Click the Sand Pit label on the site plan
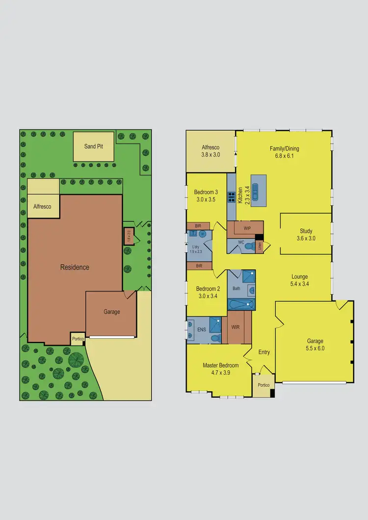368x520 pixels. [x=93, y=146]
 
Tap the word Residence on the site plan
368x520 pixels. [x=75, y=267]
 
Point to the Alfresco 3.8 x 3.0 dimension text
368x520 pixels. [x=210, y=155]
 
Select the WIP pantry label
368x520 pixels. [x=247, y=228]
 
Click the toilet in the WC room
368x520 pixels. [x=249, y=246]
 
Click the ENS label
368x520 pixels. [x=202, y=330]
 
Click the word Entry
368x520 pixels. [x=264, y=352]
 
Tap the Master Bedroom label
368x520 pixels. [x=220, y=365]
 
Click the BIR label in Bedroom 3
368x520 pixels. [x=198, y=226]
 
